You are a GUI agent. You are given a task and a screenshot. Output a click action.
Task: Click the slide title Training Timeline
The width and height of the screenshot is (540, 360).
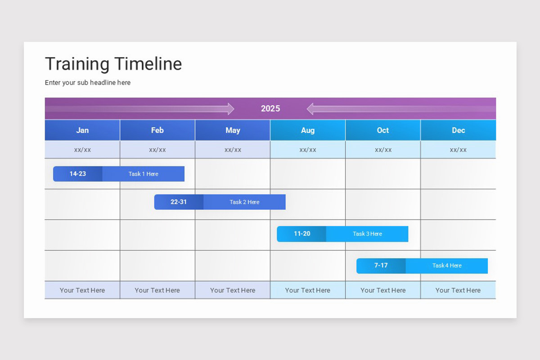[x=113, y=64]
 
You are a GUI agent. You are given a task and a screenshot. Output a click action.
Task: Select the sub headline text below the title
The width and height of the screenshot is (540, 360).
[x=88, y=83]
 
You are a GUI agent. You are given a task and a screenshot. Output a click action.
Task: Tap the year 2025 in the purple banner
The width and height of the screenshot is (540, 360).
[x=270, y=108]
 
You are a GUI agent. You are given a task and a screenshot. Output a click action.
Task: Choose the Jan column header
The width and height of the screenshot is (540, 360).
[x=82, y=130]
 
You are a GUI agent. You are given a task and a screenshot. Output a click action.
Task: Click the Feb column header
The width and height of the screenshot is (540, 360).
[x=157, y=130]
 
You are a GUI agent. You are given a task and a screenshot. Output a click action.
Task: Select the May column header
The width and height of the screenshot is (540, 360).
[x=233, y=130]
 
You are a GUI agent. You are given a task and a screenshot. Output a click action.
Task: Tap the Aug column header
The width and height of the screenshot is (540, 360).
[x=308, y=130]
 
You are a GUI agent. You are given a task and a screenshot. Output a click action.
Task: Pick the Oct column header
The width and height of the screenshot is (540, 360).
[x=383, y=130]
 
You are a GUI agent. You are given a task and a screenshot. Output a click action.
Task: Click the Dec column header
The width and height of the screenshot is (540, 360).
[x=458, y=130]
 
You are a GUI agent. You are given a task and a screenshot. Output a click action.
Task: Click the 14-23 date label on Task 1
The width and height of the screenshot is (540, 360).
[x=78, y=174]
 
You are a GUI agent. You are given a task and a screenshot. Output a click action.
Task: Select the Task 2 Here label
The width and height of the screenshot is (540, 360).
[x=244, y=202]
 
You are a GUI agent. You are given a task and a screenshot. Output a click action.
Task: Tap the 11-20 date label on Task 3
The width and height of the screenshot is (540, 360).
[x=302, y=234]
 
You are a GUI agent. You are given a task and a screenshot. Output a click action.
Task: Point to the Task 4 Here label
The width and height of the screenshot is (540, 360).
[x=447, y=265]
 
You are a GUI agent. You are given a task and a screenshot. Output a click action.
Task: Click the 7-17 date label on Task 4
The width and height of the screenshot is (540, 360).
[x=381, y=265]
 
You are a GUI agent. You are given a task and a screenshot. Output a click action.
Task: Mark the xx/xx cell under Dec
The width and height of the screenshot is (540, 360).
[x=458, y=150]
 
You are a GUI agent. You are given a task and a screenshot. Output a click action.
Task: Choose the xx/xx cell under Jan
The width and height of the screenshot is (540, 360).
[x=82, y=150]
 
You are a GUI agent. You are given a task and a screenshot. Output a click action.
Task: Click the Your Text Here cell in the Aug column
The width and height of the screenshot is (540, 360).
[x=308, y=290]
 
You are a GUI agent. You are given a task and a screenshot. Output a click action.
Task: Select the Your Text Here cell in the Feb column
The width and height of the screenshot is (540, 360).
[x=157, y=290]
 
